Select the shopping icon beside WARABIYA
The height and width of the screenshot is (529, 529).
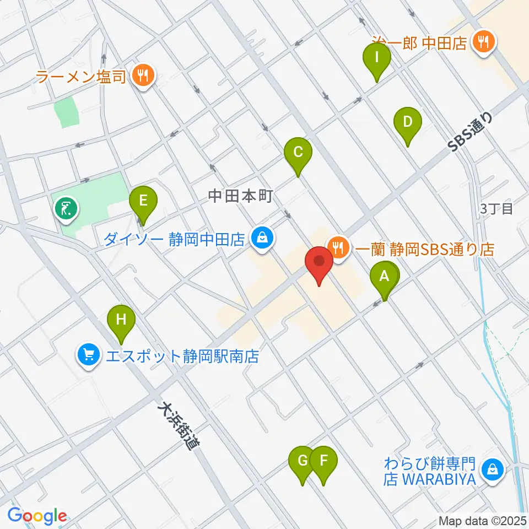(490, 470)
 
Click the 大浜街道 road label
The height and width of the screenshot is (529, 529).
(177, 425)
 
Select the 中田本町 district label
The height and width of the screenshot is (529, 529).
(240, 196)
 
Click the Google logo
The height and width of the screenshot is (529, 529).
(37, 516)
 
